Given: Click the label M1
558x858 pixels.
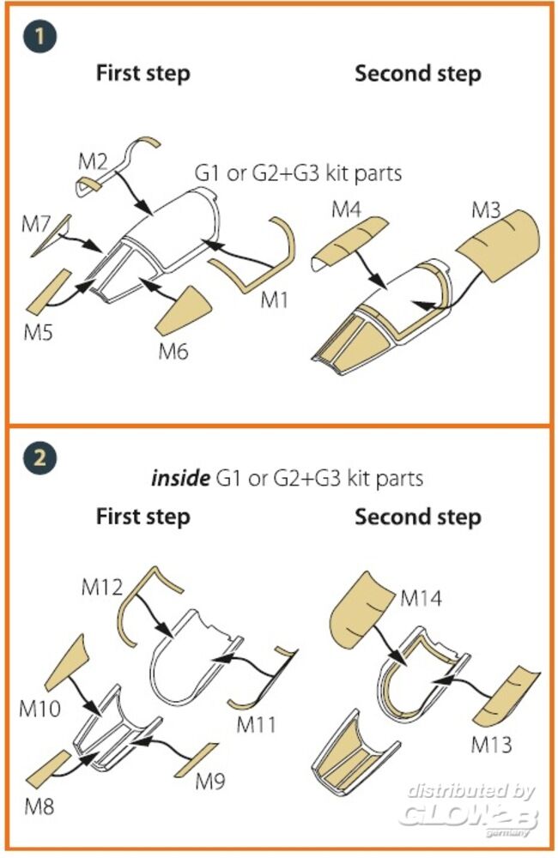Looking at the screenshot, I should tap(274, 299).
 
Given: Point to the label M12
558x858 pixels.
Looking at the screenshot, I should tap(102, 589).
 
